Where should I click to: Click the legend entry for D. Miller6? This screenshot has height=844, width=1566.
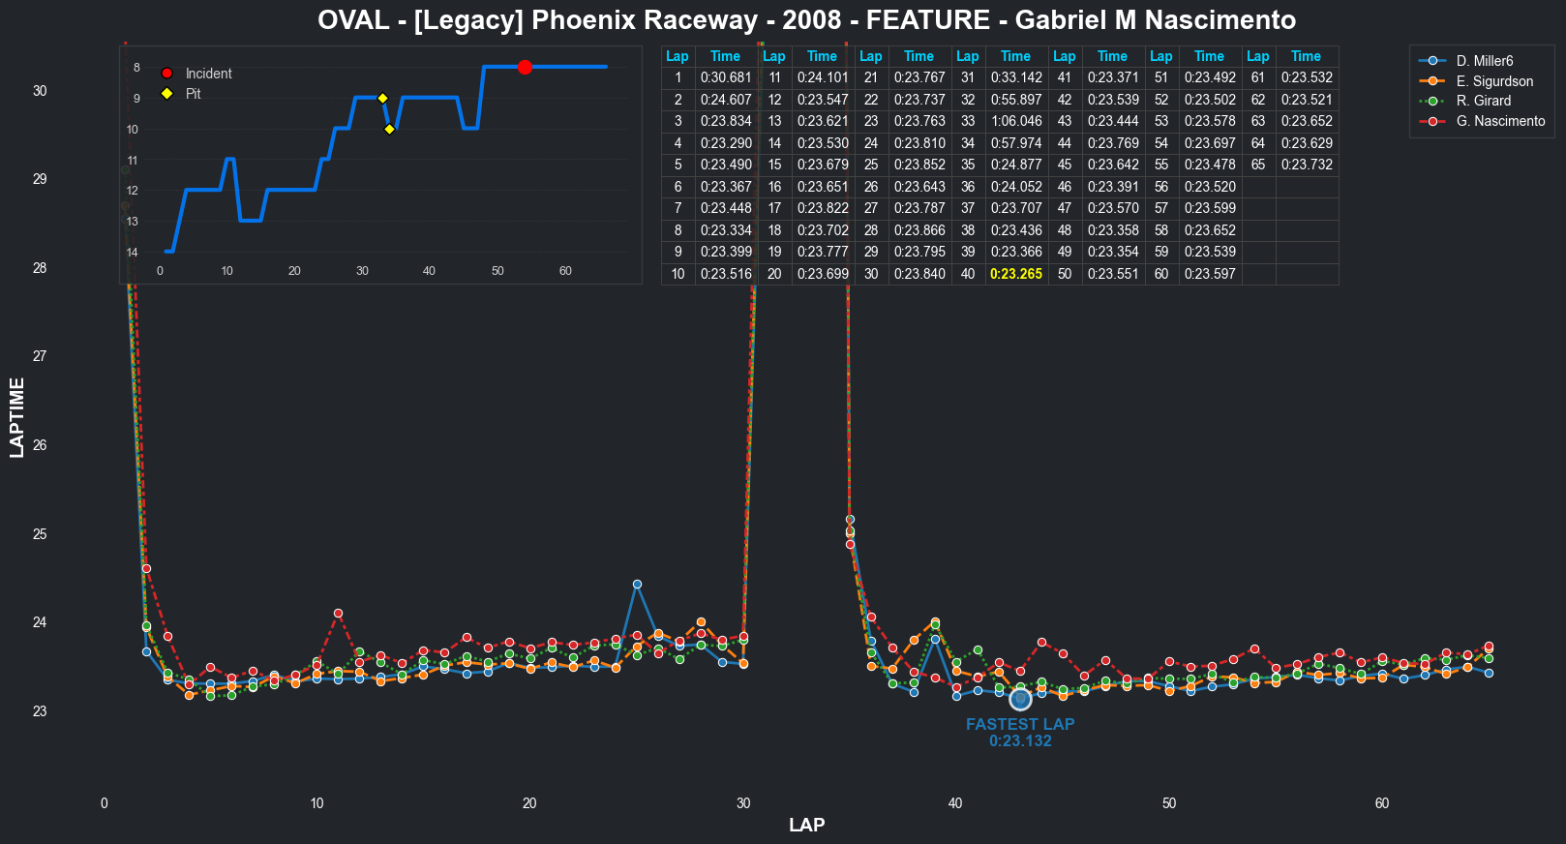(x=1484, y=61)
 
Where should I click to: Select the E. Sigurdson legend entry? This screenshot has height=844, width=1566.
(x=1493, y=81)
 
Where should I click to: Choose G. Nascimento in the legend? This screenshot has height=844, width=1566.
(x=1499, y=121)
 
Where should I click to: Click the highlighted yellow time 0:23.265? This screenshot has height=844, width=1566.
(x=1015, y=274)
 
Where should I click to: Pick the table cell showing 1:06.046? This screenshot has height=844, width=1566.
(x=1015, y=121)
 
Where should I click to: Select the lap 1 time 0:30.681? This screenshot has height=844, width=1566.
(x=725, y=77)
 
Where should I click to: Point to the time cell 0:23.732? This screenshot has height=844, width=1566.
(x=1306, y=165)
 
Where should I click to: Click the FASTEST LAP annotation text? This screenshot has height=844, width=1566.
(x=1020, y=724)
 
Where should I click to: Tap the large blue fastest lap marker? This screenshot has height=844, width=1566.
(x=1020, y=699)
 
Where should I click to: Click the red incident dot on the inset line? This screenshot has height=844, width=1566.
(x=525, y=67)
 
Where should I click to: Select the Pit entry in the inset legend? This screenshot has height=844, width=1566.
(x=193, y=94)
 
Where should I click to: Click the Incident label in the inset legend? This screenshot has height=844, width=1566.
(x=208, y=74)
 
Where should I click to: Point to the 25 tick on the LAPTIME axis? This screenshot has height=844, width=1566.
(x=40, y=534)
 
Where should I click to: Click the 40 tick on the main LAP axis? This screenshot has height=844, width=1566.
(x=955, y=803)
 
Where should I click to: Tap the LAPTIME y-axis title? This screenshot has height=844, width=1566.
(x=17, y=417)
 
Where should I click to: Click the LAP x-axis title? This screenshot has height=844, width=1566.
(x=806, y=825)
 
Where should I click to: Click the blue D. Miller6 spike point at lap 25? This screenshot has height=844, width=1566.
(x=637, y=585)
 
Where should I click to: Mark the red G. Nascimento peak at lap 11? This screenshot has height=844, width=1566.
(x=338, y=614)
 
